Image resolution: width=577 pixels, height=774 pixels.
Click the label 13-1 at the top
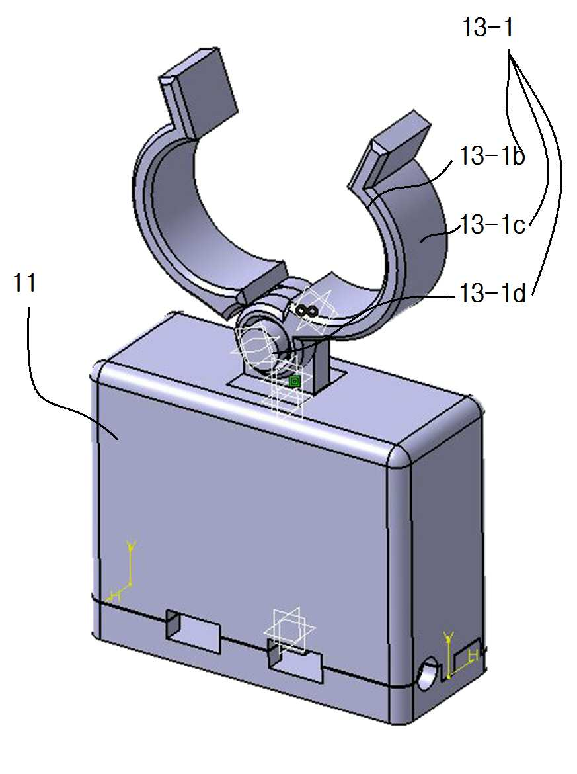[488, 27]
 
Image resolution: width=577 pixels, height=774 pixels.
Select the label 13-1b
[492, 156]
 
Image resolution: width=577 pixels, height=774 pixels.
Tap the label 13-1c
[492, 225]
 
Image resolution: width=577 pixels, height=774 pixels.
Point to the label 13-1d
[492, 294]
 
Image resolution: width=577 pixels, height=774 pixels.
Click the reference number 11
[24, 283]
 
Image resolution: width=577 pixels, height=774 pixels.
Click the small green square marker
[294, 381]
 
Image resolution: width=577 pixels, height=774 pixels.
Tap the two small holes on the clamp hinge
[307, 310]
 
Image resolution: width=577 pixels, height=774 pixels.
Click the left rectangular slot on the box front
[193, 631]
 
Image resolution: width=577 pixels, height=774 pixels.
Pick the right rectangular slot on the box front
[295, 660]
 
